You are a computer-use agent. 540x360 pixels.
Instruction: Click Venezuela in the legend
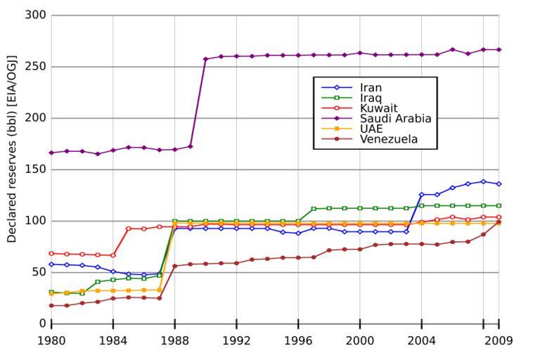coord(389,139)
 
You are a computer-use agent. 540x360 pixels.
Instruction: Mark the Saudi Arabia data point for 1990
coord(205,59)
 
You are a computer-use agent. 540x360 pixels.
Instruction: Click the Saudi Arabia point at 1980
coord(51,153)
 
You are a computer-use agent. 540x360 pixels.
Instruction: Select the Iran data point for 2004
coord(422,195)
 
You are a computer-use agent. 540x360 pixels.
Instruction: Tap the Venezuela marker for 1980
coord(51,305)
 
